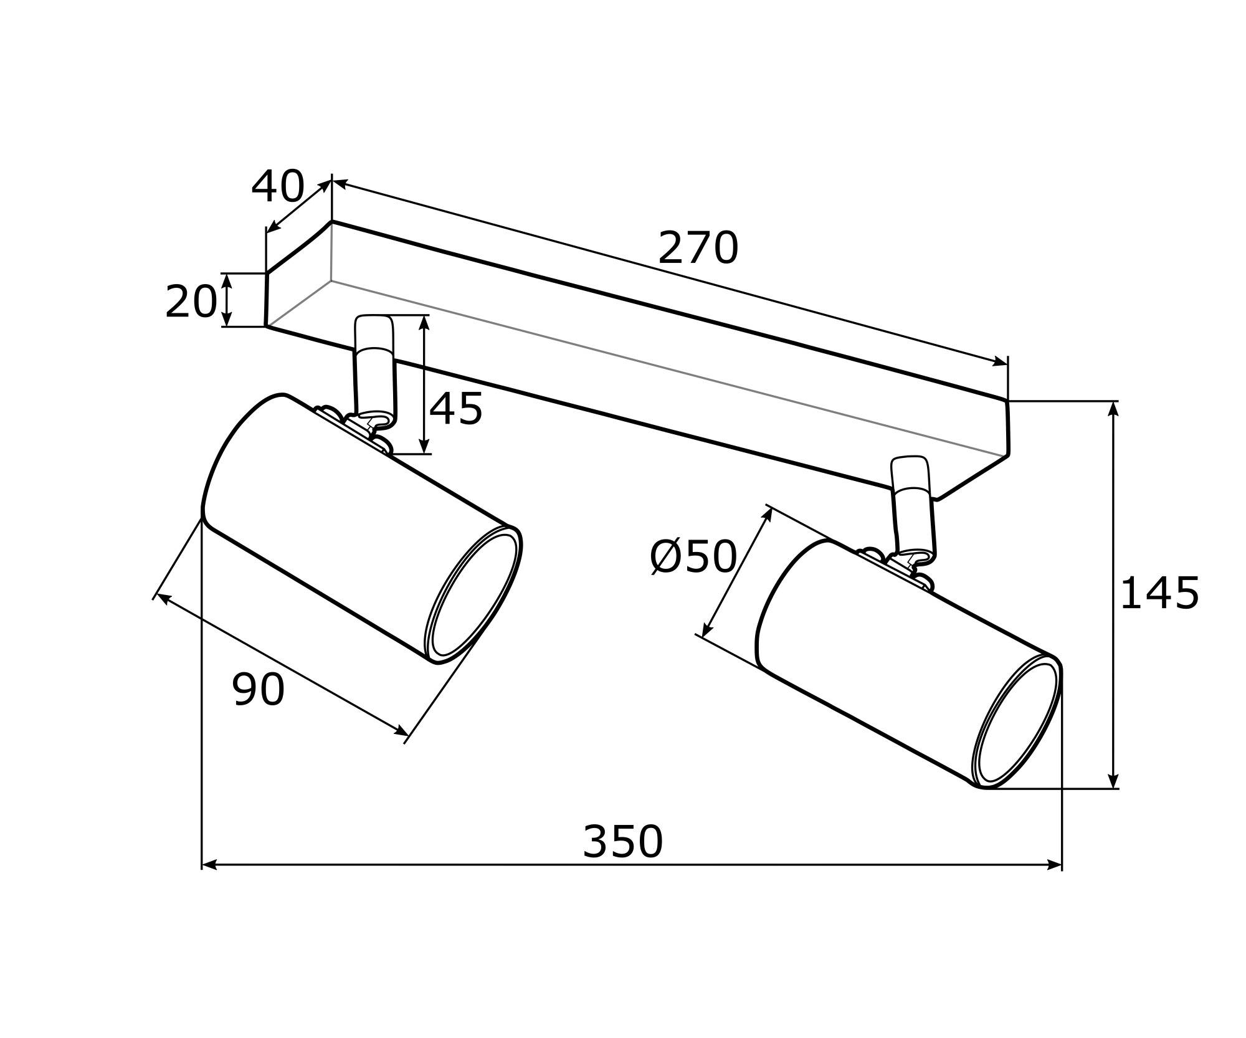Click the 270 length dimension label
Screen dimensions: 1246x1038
(698, 248)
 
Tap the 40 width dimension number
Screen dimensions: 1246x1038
(278, 186)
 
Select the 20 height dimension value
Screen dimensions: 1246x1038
(191, 302)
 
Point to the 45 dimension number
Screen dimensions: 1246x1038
(456, 409)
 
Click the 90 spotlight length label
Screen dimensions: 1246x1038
(259, 689)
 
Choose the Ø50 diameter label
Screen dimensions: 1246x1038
(693, 556)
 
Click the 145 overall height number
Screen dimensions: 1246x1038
(1159, 593)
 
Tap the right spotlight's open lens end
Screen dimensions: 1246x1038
(1017, 721)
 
